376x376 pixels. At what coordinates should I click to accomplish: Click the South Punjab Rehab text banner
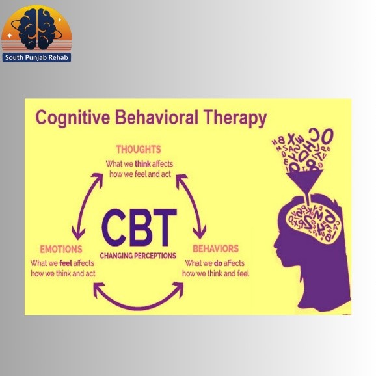pos(36,57)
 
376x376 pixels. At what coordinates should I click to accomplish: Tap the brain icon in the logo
pos(36,29)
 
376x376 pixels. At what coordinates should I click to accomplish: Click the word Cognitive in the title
pos(73,118)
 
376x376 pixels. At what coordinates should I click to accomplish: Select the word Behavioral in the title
pos(157,117)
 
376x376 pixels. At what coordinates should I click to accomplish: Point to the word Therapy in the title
pos(235,118)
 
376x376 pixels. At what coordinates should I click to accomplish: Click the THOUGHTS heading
pos(139,150)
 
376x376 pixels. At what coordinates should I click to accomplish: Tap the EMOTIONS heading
pos(61,249)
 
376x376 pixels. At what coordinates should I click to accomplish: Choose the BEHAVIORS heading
pos(215,248)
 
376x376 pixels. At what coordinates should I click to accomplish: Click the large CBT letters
pos(139,228)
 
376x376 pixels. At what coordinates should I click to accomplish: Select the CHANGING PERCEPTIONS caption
pos(138,256)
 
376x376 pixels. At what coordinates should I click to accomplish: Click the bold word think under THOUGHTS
pos(142,164)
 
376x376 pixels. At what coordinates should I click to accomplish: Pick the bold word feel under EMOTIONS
pos(66,263)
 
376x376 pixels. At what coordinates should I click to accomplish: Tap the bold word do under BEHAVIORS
pos(218,263)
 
